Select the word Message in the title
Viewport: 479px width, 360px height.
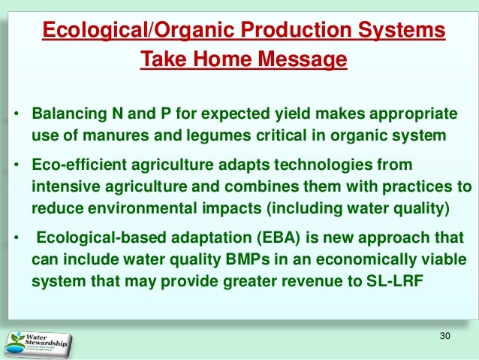(x=303, y=59)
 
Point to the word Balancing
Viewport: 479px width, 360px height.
(x=69, y=113)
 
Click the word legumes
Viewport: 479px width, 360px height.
(x=218, y=136)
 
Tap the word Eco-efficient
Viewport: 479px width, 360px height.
(x=79, y=165)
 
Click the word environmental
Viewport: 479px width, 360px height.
(x=142, y=208)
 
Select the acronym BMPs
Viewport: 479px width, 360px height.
(x=248, y=260)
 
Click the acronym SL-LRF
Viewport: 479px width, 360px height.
(x=394, y=281)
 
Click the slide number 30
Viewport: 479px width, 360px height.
(x=445, y=336)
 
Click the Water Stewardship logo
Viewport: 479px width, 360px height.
(x=38, y=344)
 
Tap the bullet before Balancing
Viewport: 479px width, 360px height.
(x=17, y=114)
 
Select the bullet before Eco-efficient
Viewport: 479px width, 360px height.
(x=17, y=165)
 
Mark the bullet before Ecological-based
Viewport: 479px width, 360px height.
(x=17, y=237)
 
